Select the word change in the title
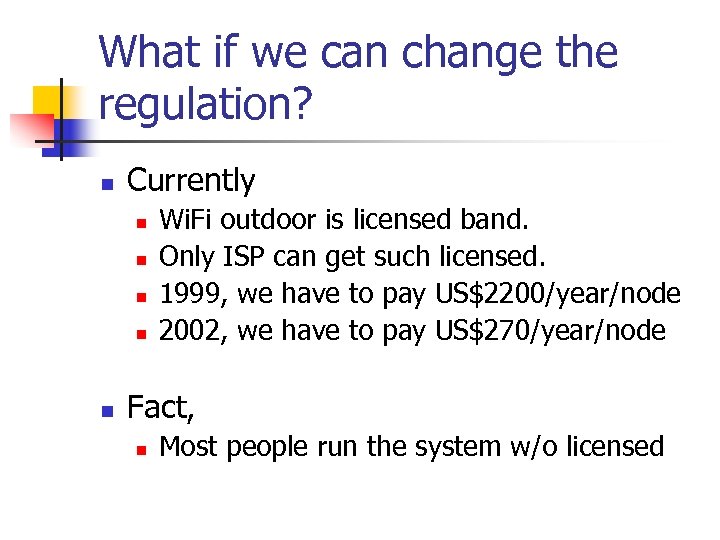tap(444, 52)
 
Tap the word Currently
tap(191, 181)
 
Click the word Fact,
tap(161, 408)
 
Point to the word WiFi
tap(187, 219)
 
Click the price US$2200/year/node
tap(558, 294)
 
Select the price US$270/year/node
tap(550, 331)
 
